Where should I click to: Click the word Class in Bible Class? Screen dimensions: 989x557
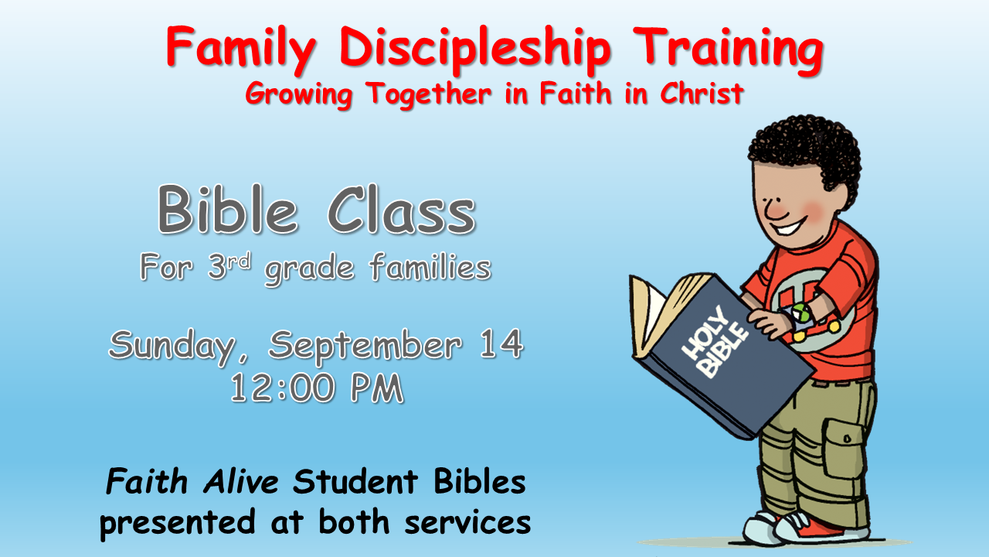point(401,210)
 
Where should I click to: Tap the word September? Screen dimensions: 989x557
point(365,347)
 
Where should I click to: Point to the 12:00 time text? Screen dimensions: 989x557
point(282,388)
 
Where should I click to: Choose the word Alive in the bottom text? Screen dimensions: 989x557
point(241,481)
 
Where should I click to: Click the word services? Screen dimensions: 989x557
point(467,521)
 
